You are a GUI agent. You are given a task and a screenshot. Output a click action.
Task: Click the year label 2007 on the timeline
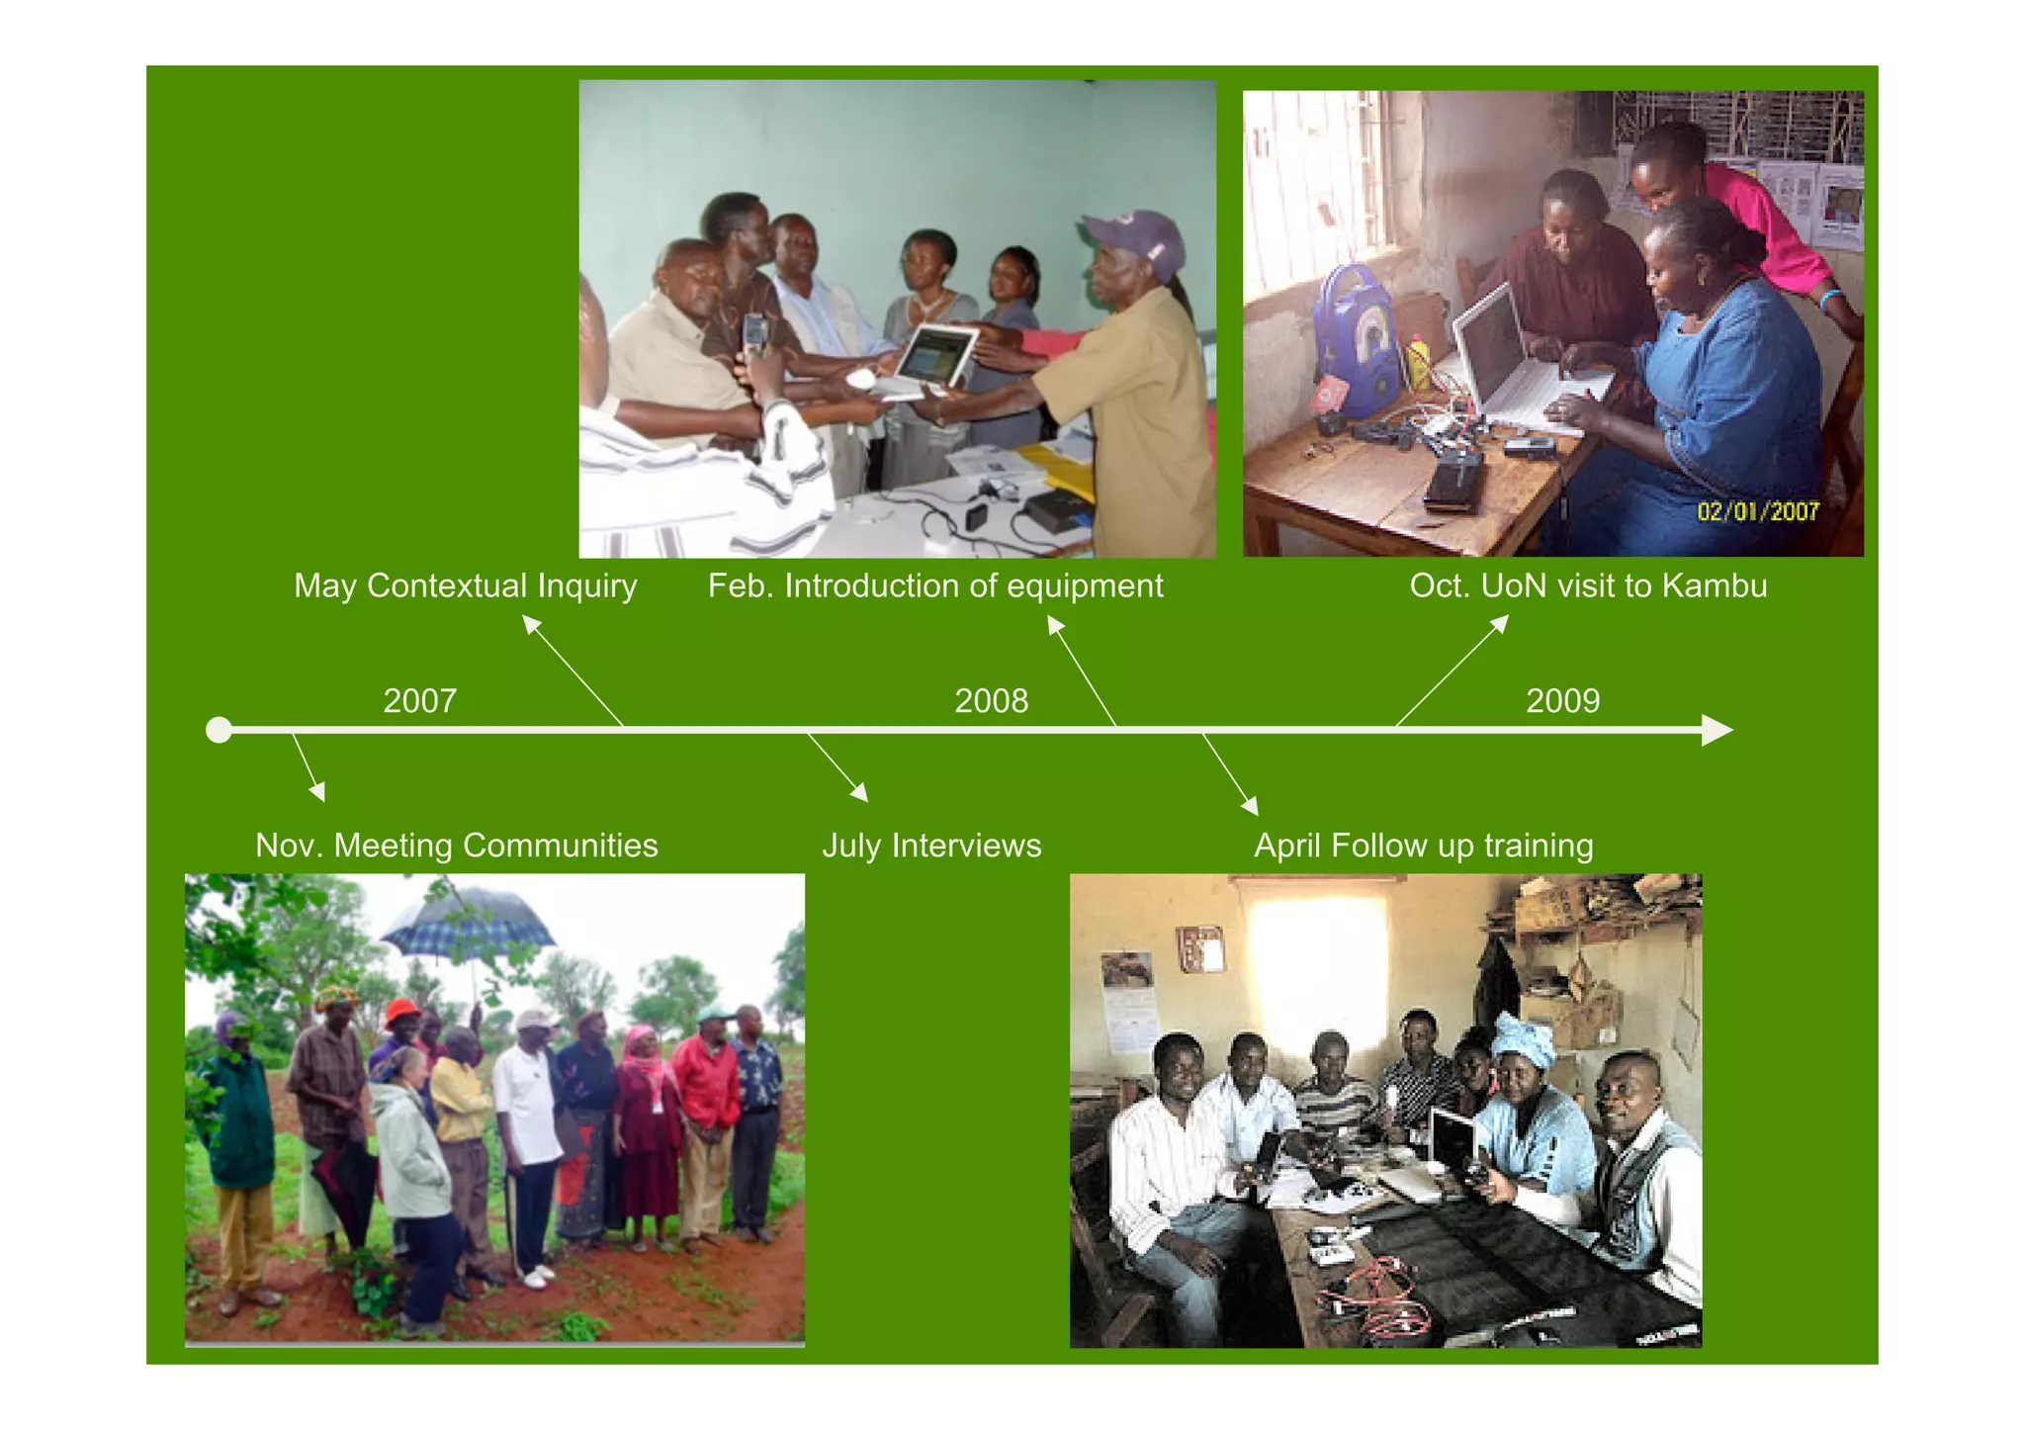(419, 700)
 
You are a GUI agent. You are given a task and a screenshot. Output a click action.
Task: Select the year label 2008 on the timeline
(991, 700)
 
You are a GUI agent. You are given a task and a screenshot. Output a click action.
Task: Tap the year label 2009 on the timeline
(1562, 700)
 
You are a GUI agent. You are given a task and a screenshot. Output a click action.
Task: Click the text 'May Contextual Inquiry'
(465, 585)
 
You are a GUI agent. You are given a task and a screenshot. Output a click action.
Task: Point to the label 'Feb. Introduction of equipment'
(935, 585)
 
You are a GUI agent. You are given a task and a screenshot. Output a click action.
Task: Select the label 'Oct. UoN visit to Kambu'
(1588, 585)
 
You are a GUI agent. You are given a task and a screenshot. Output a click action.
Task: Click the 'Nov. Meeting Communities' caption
(456, 846)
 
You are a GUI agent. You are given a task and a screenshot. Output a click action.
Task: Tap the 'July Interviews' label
(931, 846)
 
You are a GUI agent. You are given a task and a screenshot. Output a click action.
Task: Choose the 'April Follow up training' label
(1424, 846)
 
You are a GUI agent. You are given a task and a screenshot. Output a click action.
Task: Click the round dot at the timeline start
(219, 731)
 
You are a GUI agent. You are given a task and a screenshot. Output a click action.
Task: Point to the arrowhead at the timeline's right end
(1717, 731)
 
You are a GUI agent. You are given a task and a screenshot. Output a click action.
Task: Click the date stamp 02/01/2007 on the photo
(1758, 511)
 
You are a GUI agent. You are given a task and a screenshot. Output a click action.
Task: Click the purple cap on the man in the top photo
(1137, 239)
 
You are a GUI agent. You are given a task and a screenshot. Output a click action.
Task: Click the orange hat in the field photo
(401, 1012)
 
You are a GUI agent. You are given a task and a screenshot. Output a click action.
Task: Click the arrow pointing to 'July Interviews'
(838, 766)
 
